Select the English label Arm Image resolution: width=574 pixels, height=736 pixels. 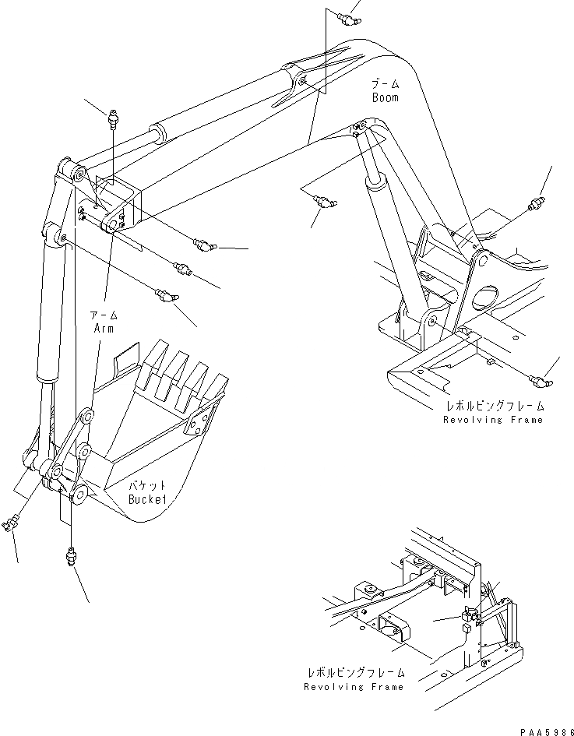[x=104, y=328]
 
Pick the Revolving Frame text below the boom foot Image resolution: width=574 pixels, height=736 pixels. [x=493, y=420]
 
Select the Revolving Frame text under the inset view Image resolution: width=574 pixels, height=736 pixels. [x=355, y=687]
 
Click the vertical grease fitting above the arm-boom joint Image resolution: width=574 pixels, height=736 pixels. [x=114, y=121]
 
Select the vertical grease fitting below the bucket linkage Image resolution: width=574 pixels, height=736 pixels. [x=72, y=558]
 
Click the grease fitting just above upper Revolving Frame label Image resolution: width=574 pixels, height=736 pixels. [x=539, y=381]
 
